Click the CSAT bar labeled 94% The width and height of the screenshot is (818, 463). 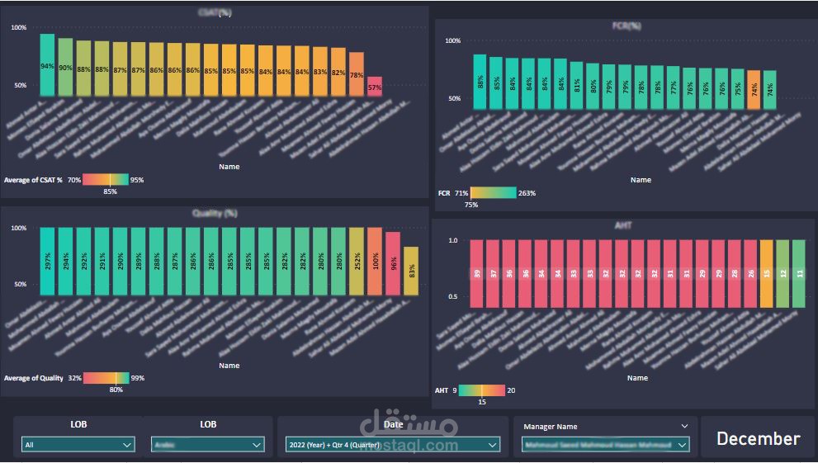point(47,66)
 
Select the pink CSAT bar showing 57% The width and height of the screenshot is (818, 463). point(375,87)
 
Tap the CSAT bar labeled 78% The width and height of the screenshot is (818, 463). point(357,75)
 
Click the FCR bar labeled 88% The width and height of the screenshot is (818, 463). point(480,82)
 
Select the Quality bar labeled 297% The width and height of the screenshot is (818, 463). point(47,261)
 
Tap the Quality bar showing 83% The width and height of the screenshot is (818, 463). point(411,271)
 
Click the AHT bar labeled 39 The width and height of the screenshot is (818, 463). point(477,274)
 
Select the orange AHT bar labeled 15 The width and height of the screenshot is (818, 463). point(766,274)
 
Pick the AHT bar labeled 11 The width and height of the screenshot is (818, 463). point(798,274)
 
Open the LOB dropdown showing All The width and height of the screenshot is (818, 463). point(78,445)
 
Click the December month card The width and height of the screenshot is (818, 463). point(758,438)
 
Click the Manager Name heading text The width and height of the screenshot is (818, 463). point(550,427)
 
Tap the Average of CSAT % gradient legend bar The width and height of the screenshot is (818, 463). point(106,179)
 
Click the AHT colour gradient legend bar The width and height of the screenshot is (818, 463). point(481,390)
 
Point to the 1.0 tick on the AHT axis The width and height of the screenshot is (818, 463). point(452,240)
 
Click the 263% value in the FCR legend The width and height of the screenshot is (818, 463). point(527,193)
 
